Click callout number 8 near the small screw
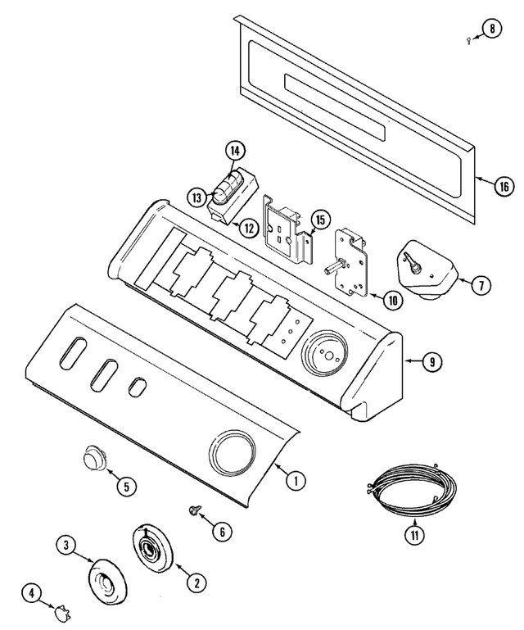coord(491,30)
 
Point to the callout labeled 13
coord(197,197)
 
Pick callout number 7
coord(481,285)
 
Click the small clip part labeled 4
coord(61,610)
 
